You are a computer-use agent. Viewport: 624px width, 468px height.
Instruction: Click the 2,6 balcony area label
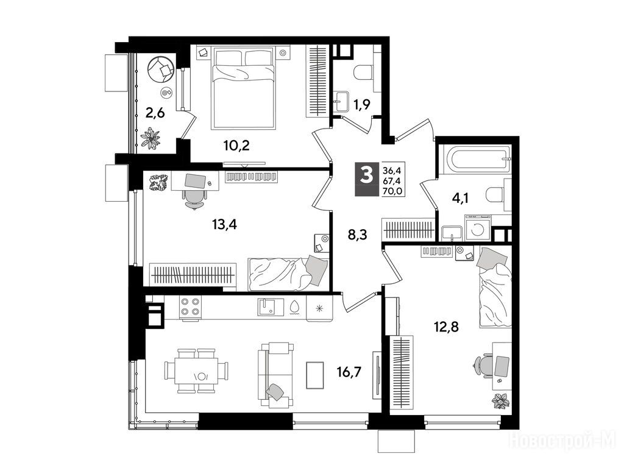(x=155, y=113)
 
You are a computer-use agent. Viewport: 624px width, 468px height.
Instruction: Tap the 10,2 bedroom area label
(x=236, y=146)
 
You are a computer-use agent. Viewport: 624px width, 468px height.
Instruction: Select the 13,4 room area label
(x=224, y=225)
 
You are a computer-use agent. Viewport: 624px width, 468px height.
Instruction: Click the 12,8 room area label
(x=446, y=327)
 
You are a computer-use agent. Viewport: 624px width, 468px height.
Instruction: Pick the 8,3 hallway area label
(x=357, y=235)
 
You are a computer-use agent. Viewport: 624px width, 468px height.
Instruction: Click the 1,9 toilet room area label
(x=362, y=105)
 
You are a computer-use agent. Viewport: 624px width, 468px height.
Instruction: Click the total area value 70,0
(x=392, y=191)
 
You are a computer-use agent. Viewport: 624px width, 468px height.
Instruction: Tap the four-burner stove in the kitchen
(x=190, y=307)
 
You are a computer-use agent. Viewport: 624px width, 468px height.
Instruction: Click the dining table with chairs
(x=197, y=371)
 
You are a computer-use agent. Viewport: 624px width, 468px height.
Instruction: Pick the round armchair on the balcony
(x=161, y=69)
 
